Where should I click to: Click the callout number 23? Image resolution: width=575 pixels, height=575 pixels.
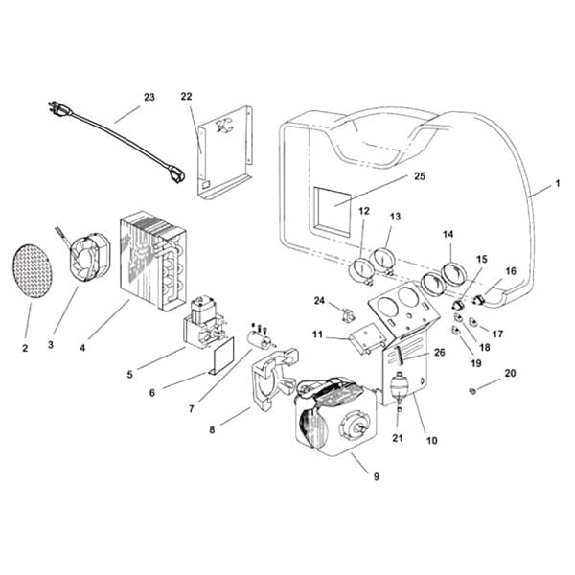(x=149, y=97)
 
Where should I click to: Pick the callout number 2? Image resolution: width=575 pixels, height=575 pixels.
(x=25, y=347)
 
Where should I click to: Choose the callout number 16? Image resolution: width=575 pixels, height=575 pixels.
(x=511, y=271)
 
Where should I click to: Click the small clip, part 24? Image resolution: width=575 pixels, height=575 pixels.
(x=348, y=312)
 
